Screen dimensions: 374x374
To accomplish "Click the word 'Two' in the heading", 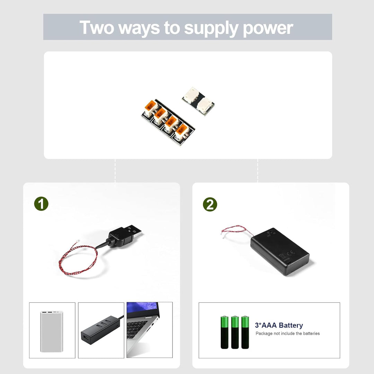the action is click(x=97, y=27).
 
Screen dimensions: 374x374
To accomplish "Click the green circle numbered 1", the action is click(x=41, y=204).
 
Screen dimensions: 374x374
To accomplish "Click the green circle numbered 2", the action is click(x=210, y=204).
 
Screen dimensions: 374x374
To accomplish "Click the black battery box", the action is click(x=280, y=251).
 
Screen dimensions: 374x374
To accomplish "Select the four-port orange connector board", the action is click(x=168, y=122).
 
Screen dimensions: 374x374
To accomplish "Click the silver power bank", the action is click(x=52, y=331).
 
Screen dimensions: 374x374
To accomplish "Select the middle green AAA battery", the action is click(x=235, y=332).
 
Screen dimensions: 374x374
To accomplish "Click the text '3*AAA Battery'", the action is click(x=279, y=325).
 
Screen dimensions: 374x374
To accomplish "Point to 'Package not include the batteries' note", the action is click(x=287, y=333).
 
